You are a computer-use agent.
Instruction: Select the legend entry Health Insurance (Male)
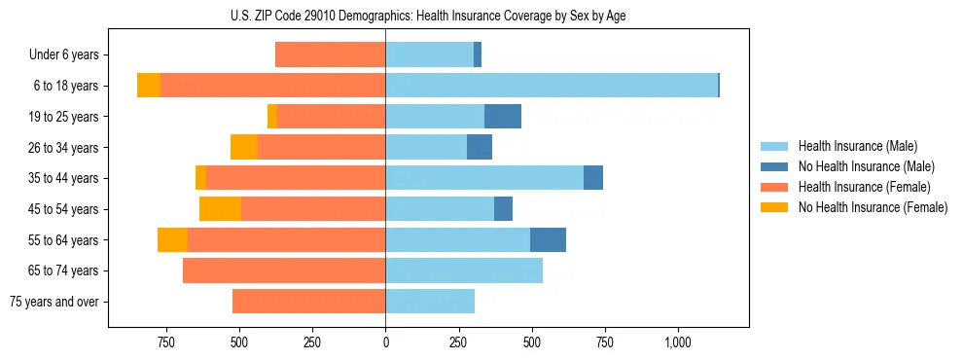[x=857, y=146]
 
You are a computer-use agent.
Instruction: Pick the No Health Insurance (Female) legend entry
[x=873, y=207]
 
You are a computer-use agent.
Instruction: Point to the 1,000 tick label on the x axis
[x=678, y=342]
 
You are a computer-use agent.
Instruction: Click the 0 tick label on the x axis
[x=385, y=342]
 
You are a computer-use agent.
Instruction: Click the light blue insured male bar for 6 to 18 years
[x=551, y=86]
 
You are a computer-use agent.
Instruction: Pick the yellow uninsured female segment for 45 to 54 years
[x=220, y=209]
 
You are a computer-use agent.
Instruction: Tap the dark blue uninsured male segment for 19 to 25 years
[x=503, y=117]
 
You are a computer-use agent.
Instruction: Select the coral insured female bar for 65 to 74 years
[x=284, y=270]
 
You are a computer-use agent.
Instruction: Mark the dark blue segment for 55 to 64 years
[x=548, y=239]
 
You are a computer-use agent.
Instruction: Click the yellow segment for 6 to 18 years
[x=149, y=86]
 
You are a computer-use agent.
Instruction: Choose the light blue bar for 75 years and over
[x=430, y=302]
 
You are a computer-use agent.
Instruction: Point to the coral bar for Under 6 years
[x=330, y=54]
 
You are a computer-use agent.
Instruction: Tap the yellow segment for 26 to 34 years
[x=244, y=147]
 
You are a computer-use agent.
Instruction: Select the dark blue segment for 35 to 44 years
[x=593, y=178]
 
